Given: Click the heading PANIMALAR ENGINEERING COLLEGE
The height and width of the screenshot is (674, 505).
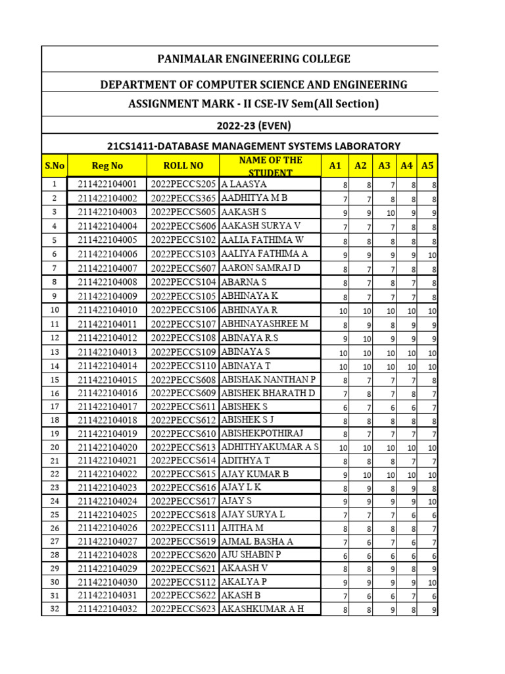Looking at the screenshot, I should point(253,59).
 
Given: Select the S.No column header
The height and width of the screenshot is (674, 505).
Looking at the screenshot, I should point(55,167).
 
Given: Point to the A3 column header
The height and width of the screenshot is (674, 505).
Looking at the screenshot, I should point(385,167).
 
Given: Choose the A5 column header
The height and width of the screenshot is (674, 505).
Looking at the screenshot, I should point(427,167).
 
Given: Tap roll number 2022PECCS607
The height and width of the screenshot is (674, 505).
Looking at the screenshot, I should point(183,268).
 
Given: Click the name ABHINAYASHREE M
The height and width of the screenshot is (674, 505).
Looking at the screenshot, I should point(264,324).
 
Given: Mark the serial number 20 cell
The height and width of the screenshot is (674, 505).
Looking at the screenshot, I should point(55,447).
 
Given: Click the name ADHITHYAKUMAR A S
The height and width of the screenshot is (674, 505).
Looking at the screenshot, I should point(270,447).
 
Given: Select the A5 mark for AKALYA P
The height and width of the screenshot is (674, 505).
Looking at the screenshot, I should point(431,583).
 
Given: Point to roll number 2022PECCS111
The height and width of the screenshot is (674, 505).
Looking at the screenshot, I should point(183,528).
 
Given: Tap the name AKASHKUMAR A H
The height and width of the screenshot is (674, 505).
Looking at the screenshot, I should point(262,609).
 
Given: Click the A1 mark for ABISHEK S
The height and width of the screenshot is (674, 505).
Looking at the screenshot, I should point(345,408).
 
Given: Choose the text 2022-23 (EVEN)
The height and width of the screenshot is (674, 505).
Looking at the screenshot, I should point(253,124).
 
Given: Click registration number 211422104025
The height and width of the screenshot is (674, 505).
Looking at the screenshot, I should point(108,513).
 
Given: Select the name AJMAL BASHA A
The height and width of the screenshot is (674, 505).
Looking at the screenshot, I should point(257,541).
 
